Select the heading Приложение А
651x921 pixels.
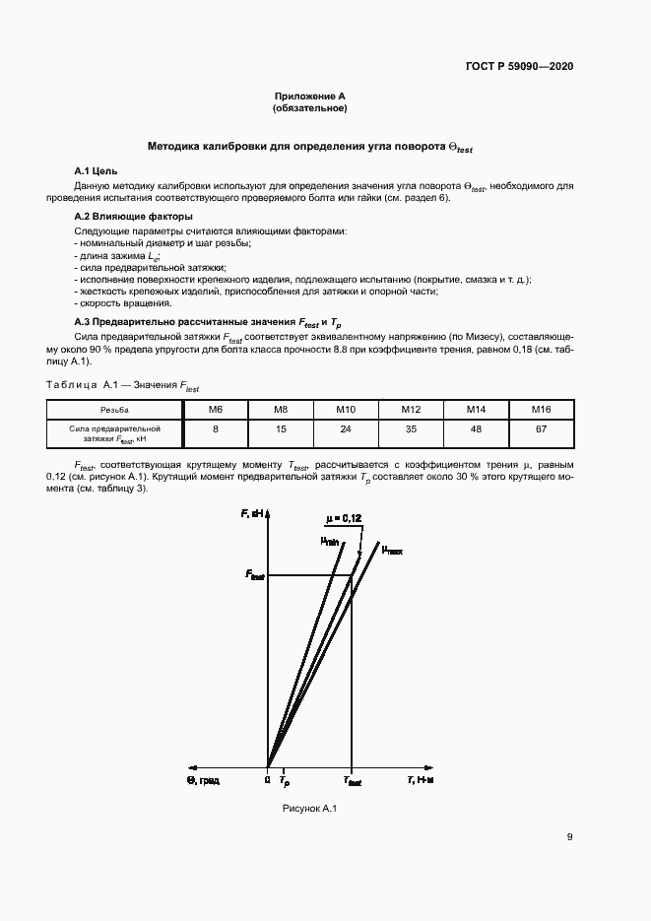click(310, 97)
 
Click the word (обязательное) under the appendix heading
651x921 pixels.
click(310, 108)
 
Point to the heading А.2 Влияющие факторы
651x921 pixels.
click(134, 216)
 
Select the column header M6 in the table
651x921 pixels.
click(215, 409)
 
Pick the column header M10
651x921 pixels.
click(346, 409)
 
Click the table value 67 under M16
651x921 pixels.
click(541, 429)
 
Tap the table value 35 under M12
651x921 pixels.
click(411, 429)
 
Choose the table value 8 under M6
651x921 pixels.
click(215, 429)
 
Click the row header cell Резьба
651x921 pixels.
click(114, 409)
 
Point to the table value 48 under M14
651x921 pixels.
click(476, 429)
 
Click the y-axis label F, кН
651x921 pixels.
click(252, 514)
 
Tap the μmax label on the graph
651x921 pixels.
click(392, 551)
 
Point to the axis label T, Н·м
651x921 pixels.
click(421, 780)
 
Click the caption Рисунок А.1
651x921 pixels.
click(310, 809)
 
